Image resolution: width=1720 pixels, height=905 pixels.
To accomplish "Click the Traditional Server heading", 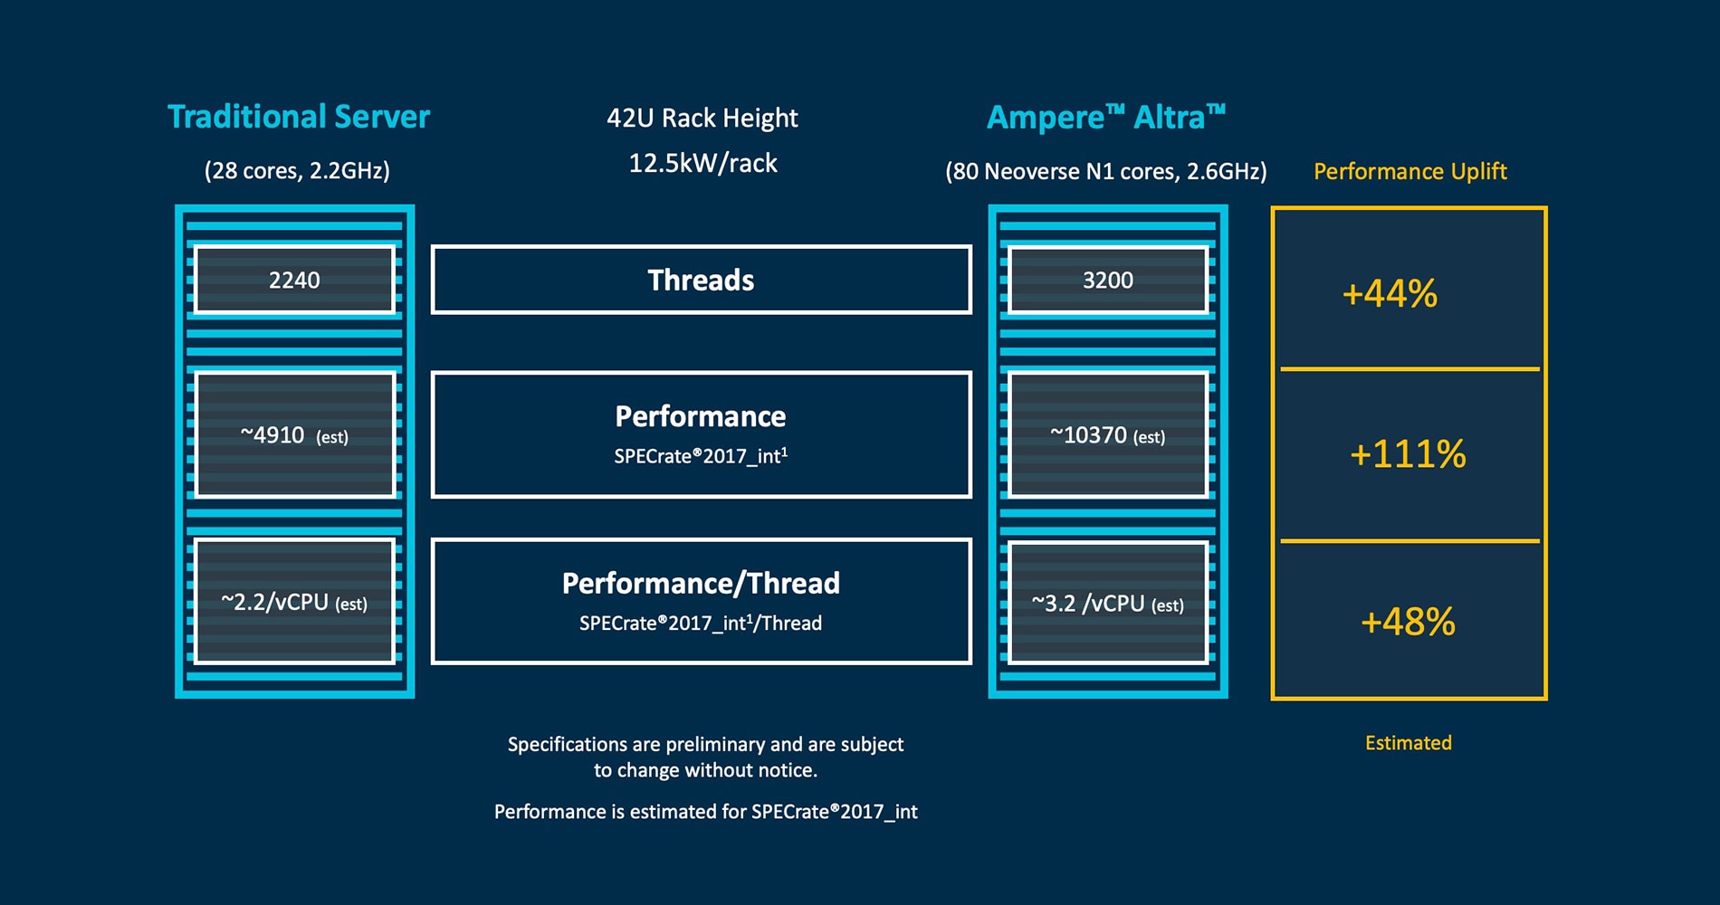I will click(x=299, y=117).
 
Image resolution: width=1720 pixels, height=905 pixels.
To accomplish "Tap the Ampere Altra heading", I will click(x=1105, y=118).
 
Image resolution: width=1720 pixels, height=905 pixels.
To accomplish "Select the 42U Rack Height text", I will click(x=702, y=118).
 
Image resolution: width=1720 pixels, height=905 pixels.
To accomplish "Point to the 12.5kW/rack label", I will click(x=702, y=163).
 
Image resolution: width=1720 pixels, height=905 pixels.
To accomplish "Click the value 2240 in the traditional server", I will click(x=294, y=280).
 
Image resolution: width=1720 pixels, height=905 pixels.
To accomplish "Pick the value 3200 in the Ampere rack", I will click(x=1107, y=280).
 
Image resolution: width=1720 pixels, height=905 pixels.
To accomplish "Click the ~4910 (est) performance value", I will click(x=294, y=435).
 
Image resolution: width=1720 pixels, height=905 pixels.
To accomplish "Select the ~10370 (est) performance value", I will click(x=1107, y=435).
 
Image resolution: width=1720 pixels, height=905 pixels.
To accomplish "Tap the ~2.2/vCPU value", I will click(x=294, y=603).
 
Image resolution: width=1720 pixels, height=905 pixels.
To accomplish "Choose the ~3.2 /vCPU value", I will click(x=1107, y=604).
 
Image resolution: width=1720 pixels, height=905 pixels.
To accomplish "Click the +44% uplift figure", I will click(x=1389, y=294).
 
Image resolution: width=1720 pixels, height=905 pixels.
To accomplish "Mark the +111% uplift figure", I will click(x=1407, y=454).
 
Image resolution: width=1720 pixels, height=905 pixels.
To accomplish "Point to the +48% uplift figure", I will click(x=1407, y=622).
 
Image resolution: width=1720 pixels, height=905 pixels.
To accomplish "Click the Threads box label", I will click(x=701, y=281).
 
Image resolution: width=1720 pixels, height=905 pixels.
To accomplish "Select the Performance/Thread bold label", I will click(x=701, y=583).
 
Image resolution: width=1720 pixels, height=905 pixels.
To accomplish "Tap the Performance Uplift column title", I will click(x=1409, y=171).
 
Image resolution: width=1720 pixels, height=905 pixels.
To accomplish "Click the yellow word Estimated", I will click(x=1408, y=743).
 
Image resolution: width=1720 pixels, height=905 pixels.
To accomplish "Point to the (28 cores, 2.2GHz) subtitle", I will click(x=297, y=170).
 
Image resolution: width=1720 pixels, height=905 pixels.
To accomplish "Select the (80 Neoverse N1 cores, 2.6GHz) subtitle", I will click(x=1105, y=171).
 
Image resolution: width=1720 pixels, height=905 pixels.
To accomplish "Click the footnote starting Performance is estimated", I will click(x=705, y=812).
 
